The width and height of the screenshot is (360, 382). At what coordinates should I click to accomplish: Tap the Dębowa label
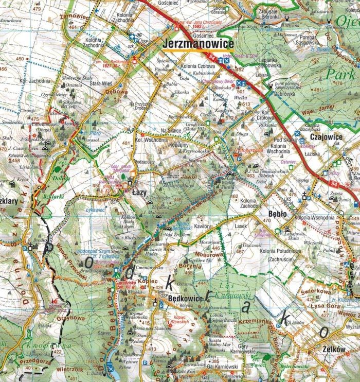pos(117,93)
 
